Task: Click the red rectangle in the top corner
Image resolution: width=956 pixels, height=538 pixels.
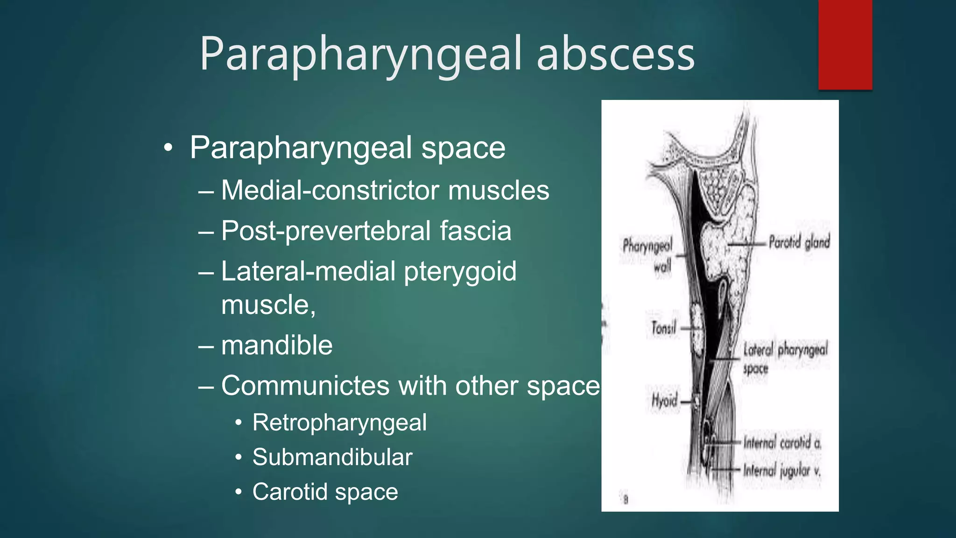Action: click(x=845, y=44)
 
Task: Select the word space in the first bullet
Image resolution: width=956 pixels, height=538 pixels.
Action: click(x=463, y=148)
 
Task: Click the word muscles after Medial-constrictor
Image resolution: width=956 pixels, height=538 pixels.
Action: click(x=498, y=190)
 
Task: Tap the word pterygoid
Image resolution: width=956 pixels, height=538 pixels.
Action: click(x=460, y=272)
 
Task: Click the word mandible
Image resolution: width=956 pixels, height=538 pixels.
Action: click(x=277, y=345)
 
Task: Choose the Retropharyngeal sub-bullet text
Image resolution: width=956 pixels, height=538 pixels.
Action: click(x=339, y=423)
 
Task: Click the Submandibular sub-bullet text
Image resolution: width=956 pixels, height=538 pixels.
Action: click(x=332, y=457)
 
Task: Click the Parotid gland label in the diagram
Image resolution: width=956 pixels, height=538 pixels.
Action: click(x=799, y=242)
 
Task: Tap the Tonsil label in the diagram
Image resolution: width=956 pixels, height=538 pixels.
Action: click(x=663, y=328)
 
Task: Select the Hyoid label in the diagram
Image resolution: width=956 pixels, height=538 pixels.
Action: click(x=664, y=401)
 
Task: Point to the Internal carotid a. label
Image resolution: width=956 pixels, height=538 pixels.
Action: click(x=782, y=442)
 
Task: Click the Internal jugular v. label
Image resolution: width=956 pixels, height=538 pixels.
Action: click(x=782, y=470)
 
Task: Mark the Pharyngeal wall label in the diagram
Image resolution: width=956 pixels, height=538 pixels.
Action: click(x=648, y=255)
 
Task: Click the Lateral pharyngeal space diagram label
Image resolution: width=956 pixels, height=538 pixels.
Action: click(x=785, y=358)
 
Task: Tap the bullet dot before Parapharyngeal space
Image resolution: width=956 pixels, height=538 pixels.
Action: click(x=168, y=149)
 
